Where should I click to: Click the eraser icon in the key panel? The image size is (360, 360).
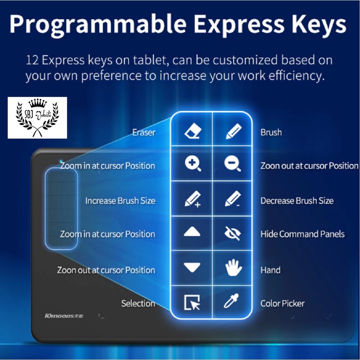[193, 131]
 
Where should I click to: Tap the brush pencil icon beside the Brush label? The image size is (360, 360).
[233, 131]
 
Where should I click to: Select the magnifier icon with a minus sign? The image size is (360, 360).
[232, 164]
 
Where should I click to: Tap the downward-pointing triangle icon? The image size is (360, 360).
[192, 267]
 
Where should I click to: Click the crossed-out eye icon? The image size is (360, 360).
[232, 233]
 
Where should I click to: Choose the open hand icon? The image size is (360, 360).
[233, 268]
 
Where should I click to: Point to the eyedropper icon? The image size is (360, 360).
[231, 301]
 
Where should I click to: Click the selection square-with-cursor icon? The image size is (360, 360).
[192, 302]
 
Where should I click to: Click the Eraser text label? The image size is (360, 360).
[144, 133]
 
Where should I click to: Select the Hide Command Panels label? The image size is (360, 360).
[302, 234]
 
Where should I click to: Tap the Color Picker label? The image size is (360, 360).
[282, 303]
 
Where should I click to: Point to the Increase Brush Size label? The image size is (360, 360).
[120, 201]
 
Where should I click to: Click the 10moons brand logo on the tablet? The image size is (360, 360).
[64, 316]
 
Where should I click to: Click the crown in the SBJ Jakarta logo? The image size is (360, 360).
[37, 103]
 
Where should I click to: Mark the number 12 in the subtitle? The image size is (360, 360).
[32, 60]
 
